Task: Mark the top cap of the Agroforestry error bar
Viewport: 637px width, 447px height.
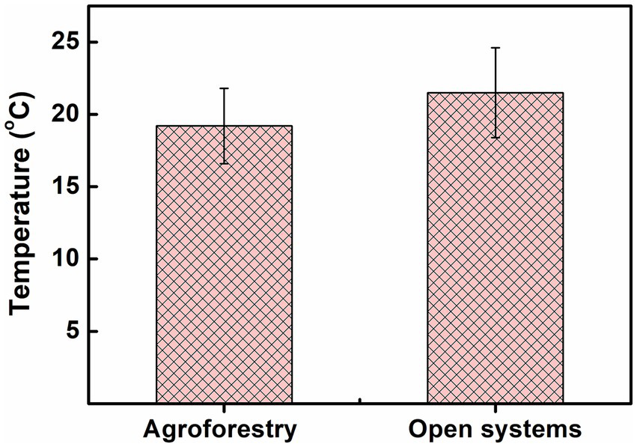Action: [223, 88]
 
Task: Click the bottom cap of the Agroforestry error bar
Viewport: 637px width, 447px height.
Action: [223, 163]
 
